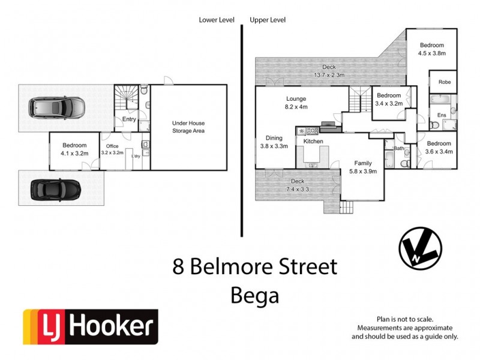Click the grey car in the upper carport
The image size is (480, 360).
[x=57, y=108]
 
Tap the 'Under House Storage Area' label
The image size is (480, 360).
[x=188, y=127]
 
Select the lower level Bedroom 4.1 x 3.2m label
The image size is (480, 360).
[x=74, y=149]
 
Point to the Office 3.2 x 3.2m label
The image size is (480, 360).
[x=113, y=149]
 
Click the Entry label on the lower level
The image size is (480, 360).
[x=129, y=119]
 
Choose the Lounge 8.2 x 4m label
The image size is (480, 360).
[x=296, y=103]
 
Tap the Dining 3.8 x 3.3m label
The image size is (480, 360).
[x=274, y=142]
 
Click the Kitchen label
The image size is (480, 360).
[x=313, y=142]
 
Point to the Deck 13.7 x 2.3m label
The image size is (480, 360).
[x=328, y=71]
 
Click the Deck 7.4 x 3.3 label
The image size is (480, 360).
[x=298, y=185]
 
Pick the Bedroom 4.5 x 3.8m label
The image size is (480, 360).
[x=431, y=49]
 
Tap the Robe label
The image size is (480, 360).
[x=444, y=82]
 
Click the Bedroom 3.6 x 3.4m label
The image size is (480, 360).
[x=439, y=147]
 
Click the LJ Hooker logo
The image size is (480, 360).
[x=90, y=327]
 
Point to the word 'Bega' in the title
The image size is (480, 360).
[x=255, y=295]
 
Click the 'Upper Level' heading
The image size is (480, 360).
[x=268, y=20]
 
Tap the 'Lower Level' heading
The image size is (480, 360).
[x=216, y=20]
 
